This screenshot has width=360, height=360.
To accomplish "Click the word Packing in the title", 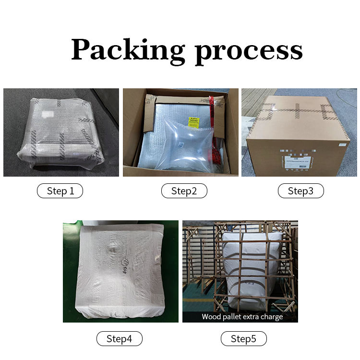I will pos(128,50).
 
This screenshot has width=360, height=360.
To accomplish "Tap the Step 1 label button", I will pos(60,191).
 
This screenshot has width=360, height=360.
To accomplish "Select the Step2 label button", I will pos(184,191).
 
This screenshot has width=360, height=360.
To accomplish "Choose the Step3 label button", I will pos(300,191).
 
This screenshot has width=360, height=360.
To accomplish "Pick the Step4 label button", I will pos(119,339).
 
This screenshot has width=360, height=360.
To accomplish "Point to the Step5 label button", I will pos(243,339).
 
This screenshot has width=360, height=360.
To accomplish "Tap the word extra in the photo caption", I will pos(251,317).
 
